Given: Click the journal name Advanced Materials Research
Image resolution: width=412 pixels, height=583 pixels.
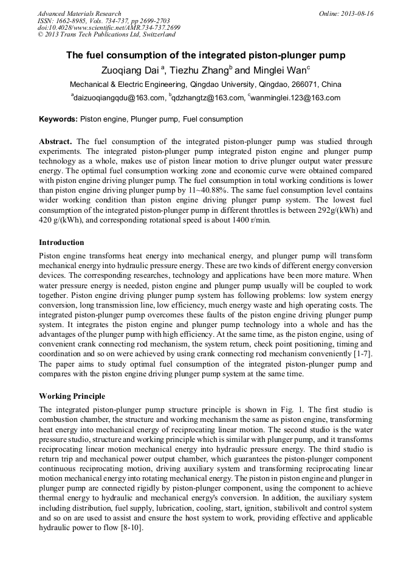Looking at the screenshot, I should (79, 13).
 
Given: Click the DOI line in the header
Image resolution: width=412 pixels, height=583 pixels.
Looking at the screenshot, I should (109, 28).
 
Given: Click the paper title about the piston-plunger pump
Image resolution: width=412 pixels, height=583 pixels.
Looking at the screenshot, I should (205, 55).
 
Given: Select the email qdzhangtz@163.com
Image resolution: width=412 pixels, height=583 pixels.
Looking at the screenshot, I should (208, 98).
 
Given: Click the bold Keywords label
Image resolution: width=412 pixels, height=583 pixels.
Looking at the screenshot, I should (58, 119).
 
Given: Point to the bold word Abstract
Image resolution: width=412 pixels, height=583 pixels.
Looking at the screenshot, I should (56, 141).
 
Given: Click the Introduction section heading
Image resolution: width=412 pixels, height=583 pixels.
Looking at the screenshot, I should (61, 243).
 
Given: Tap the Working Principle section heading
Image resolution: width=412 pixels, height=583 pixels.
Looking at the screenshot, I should (72, 396).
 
